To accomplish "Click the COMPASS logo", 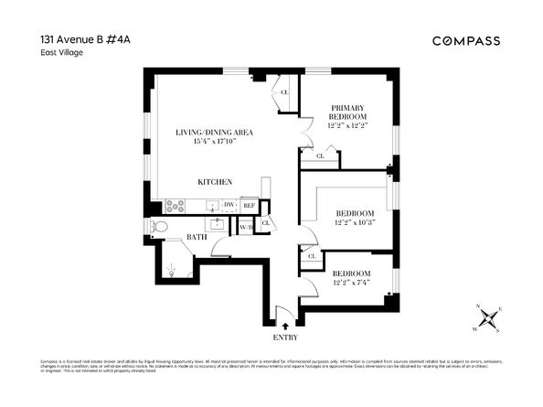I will pos(465,40).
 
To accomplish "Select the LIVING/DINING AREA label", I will pos(214,134).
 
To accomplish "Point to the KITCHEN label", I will pos(215,182).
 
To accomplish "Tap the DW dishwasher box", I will pos(229,206).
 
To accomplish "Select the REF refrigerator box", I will pos(249,206).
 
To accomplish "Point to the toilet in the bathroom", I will pos(156,226).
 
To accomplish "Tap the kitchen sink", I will pos(210,207).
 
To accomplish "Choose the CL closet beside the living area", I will pos(284,92).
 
